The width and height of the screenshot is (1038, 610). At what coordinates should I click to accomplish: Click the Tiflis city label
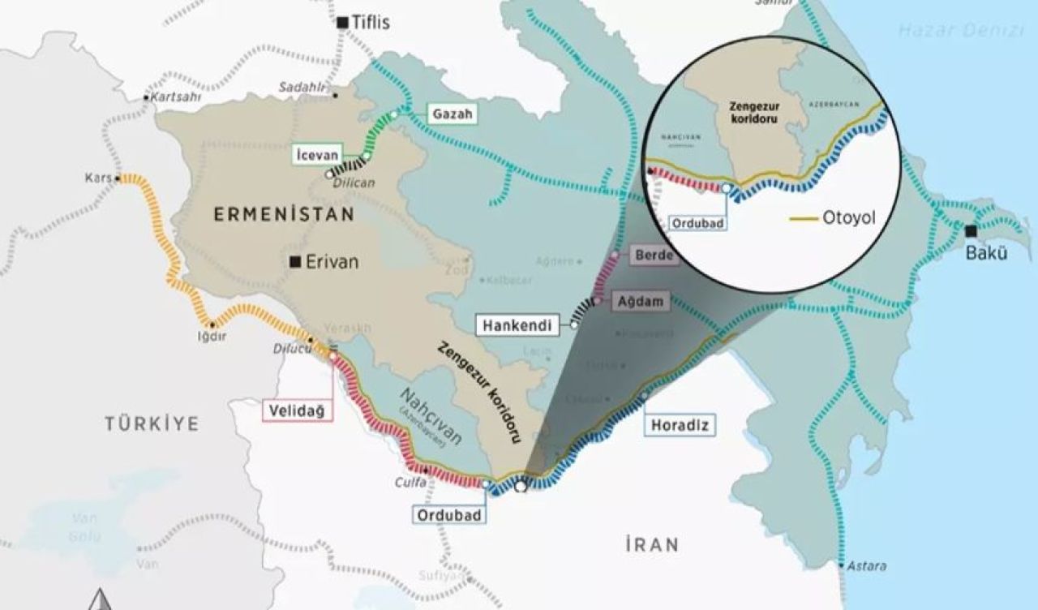pos(371,23)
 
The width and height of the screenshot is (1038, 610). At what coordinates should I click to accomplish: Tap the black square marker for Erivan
pos(297,262)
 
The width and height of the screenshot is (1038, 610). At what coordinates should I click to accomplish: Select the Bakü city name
pos(986,253)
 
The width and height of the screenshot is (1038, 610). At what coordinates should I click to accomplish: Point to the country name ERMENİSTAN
pos(284,215)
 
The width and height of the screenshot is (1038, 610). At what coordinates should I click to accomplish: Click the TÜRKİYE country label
pos(151,423)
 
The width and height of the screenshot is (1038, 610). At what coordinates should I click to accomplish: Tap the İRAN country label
pos(652,544)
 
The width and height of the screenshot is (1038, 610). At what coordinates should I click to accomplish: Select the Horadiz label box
pos(674,424)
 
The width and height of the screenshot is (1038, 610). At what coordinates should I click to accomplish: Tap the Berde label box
pos(655,256)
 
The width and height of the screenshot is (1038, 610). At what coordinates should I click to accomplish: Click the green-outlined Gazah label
pos(452,115)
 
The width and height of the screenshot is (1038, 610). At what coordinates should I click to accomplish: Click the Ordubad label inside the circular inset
pos(695,221)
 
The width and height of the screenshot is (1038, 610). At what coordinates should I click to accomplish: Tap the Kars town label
pos(98,178)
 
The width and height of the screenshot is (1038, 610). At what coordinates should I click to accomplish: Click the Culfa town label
pos(409,480)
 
